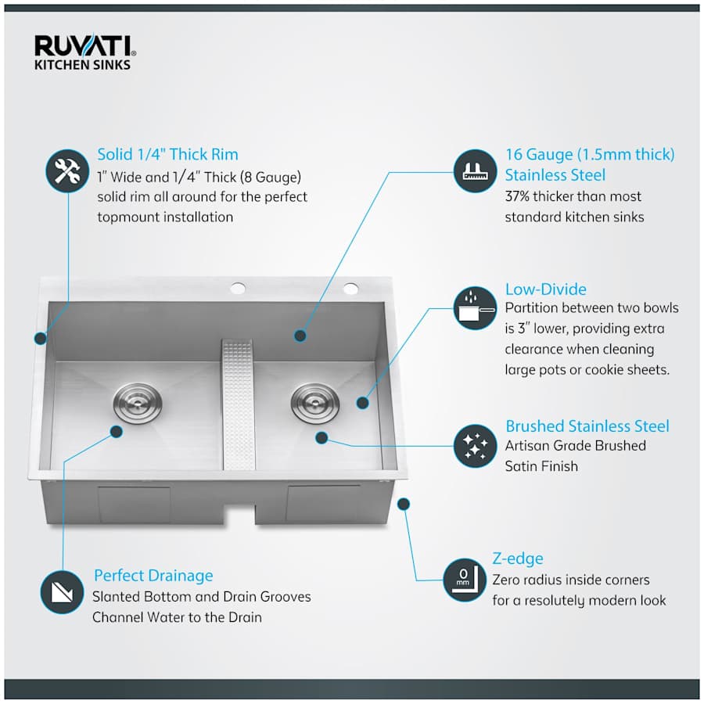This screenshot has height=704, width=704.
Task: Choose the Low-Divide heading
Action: point(545,289)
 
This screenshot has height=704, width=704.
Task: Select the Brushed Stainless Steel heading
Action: point(587,426)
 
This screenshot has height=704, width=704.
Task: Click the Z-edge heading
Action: point(517,559)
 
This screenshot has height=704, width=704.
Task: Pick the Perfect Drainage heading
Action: point(153,576)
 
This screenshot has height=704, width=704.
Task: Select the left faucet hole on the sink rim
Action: point(237,289)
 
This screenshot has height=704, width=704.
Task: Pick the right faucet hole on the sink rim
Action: point(350,289)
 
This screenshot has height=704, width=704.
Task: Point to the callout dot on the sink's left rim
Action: point(39,339)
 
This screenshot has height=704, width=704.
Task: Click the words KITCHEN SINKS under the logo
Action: point(82,66)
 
